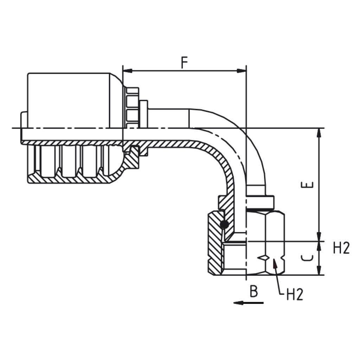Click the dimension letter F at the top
coord(185,62)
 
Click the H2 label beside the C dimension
coord(341,249)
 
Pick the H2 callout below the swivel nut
coord(295,295)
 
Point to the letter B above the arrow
coord(253,292)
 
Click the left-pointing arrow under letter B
coord(248,303)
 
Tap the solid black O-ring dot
coord(224,224)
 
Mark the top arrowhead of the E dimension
coord(319,133)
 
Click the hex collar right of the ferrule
coord(132,107)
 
